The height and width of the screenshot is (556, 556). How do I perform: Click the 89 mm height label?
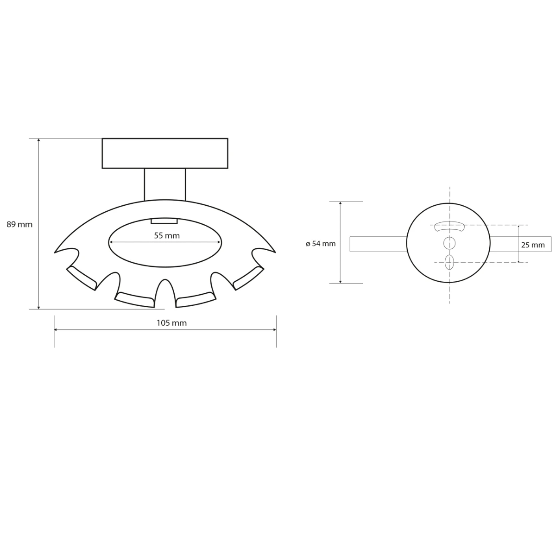19,224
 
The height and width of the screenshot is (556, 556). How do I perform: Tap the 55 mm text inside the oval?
167,235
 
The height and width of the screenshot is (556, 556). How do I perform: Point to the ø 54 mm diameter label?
321,243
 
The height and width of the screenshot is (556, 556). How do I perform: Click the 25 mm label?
533,245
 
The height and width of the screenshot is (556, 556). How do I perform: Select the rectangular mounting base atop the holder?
165,153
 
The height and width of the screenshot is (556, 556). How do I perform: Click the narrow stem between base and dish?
165,184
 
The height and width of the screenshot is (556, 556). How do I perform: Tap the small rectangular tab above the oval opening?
164,221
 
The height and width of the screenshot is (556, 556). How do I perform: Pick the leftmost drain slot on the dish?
82,277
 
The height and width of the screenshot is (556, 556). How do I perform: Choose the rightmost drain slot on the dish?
248,277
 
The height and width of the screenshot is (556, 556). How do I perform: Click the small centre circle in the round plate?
449,242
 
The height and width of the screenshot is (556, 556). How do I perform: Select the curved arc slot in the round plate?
449,226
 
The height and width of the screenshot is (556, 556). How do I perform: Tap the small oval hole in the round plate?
449,263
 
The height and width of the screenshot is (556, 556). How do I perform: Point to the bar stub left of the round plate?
378,244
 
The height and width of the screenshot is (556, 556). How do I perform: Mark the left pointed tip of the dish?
56,252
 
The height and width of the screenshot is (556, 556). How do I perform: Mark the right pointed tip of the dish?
275,252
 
